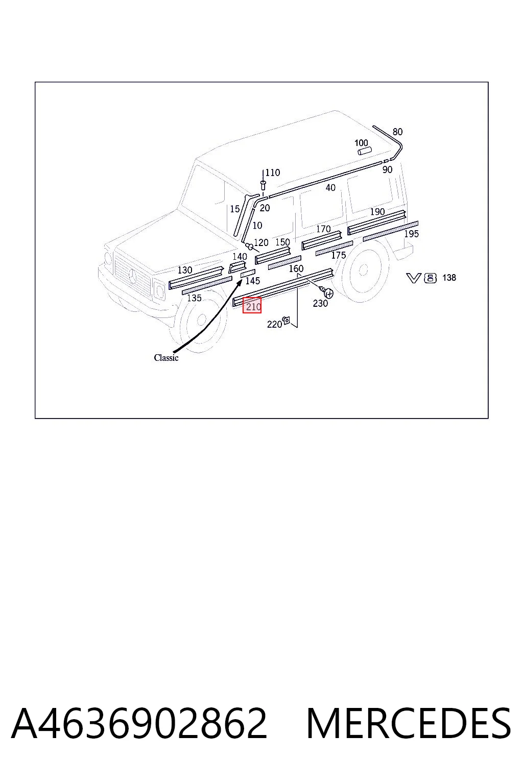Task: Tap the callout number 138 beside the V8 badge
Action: [449, 278]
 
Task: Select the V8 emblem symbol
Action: [421, 278]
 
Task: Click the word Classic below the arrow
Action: [166, 358]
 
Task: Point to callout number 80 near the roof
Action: [397, 132]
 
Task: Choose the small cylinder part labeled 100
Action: [364, 151]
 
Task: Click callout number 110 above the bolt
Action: [273, 173]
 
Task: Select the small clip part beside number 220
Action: [287, 320]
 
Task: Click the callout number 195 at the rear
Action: [411, 234]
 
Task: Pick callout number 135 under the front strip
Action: [194, 298]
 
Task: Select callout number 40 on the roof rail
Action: [330, 188]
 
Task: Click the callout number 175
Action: [339, 256]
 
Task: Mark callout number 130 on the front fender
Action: [184, 270]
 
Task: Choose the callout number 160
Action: [296, 269]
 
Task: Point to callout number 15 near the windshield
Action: [235, 209]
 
